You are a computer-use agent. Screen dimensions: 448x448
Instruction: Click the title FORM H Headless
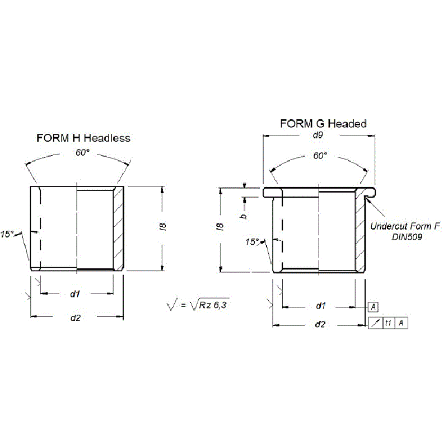tap(83, 138)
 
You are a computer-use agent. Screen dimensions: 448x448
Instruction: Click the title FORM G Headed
tap(323, 124)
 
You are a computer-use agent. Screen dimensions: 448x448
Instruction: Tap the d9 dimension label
tap(318, 135)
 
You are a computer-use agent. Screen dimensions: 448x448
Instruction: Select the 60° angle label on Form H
tap(82, 152)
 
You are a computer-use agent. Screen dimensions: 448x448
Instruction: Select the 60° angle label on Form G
tap(320, 156)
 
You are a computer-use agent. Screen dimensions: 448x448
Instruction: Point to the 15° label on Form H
tap(7, 234)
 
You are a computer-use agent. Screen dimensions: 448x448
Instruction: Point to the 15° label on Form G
tap(252, 242)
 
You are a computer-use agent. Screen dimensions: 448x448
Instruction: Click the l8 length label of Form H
tap(163, 227)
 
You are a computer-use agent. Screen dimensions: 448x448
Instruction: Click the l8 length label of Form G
tap(220, 227)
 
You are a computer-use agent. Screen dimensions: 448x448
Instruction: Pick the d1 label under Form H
tap(75, 293)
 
